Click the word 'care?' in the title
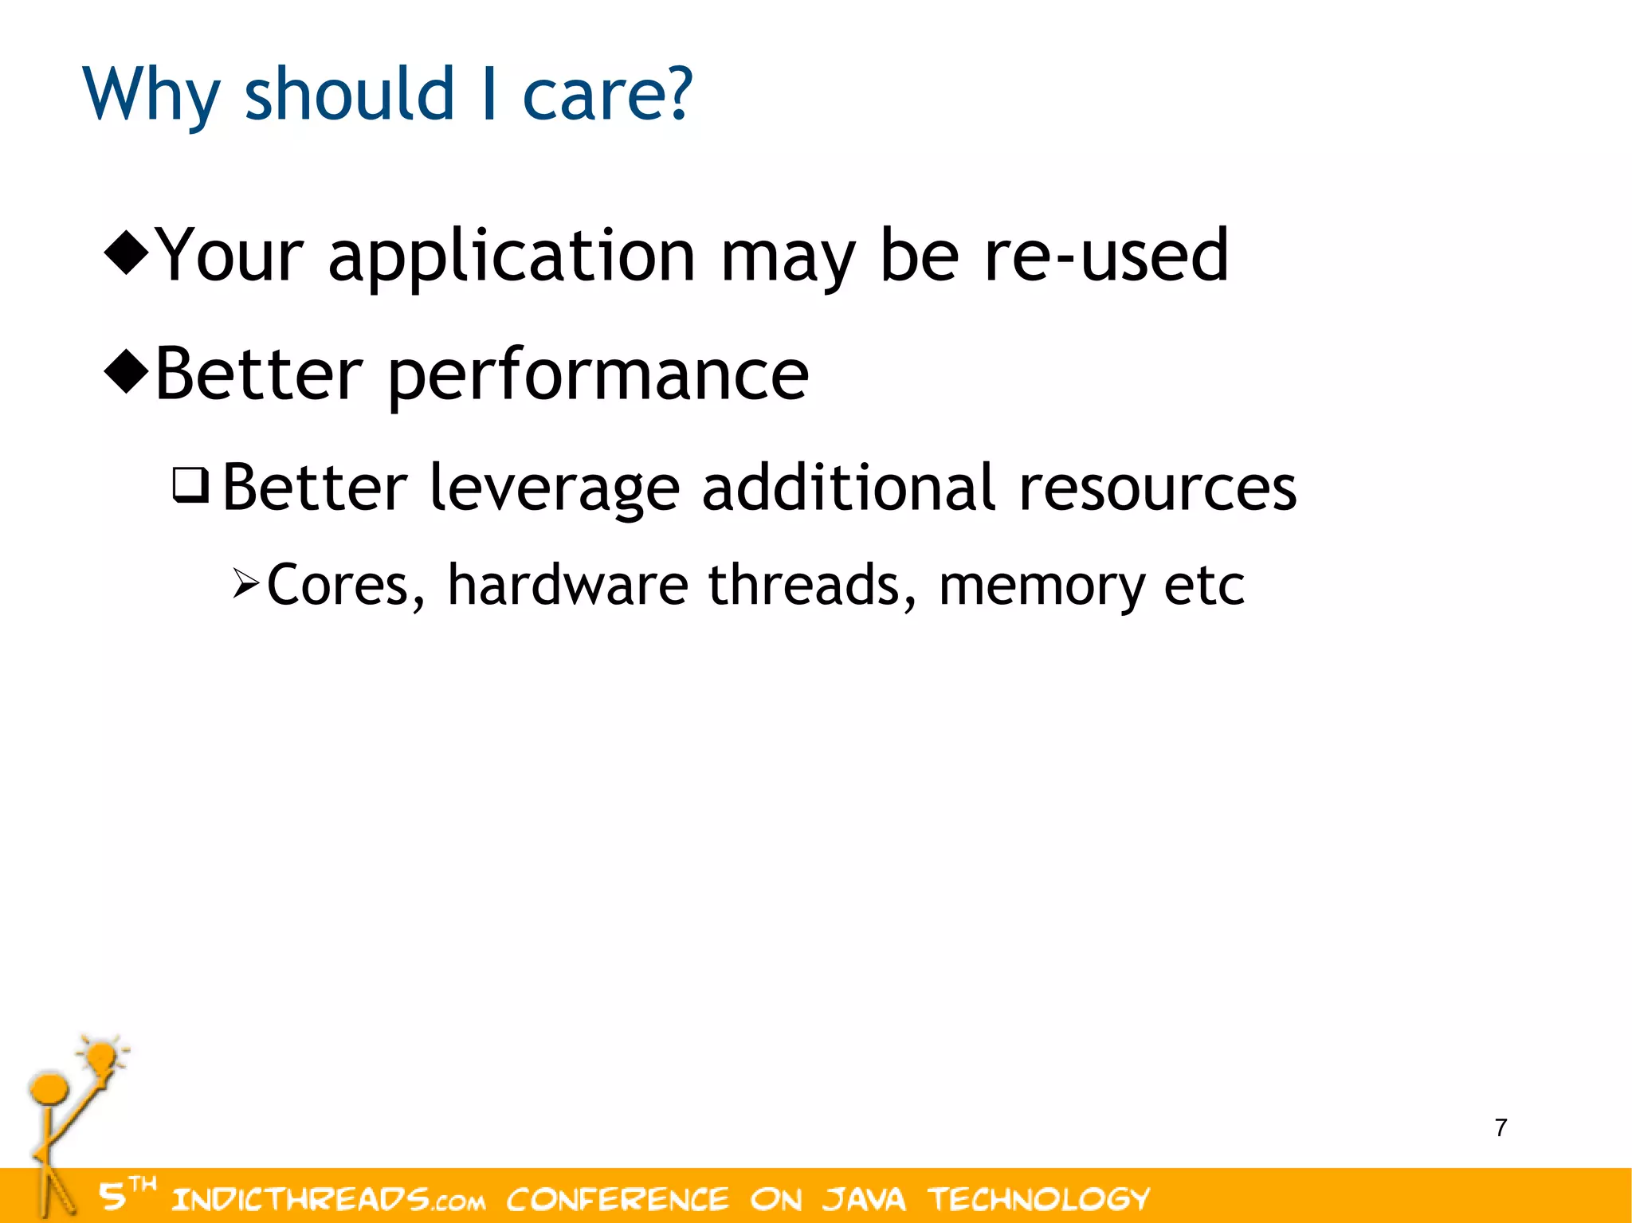click(x=607, y=96)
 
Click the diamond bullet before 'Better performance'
click(x=127, y=371)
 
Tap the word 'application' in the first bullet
click(x=512, y=257)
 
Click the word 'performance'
click(x=598, y=376)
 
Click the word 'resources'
click(x=1157, y=488)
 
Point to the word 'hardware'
click(x=567, y=586)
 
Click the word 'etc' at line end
click(x=1204, y=586)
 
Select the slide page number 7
click(x=1501, y=1128)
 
